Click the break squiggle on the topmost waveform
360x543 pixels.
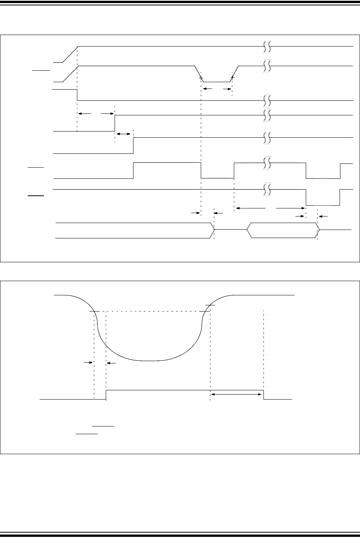point(267,46)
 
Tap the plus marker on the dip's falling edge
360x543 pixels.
point(201,78)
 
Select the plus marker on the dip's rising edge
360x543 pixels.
point(232,78)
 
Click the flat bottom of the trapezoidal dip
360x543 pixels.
point(216,82)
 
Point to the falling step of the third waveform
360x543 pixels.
point(77,95)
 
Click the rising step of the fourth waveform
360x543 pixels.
point(115,123)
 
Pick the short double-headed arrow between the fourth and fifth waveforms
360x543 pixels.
point(123,133)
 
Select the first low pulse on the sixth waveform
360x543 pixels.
point(217,178)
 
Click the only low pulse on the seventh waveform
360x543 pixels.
point(323,205)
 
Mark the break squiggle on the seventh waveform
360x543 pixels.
point(267,189)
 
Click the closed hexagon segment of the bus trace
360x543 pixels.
point(283,230)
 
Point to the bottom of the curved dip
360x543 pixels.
point(150,361)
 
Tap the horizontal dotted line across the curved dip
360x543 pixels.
point(154,311)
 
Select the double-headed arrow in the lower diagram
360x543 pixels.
point(237,394)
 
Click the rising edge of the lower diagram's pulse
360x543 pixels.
point(106,395)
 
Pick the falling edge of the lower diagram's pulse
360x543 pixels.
point(263,395)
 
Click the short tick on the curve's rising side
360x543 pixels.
point(210,305)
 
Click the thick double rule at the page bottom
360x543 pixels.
point(180,534)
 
